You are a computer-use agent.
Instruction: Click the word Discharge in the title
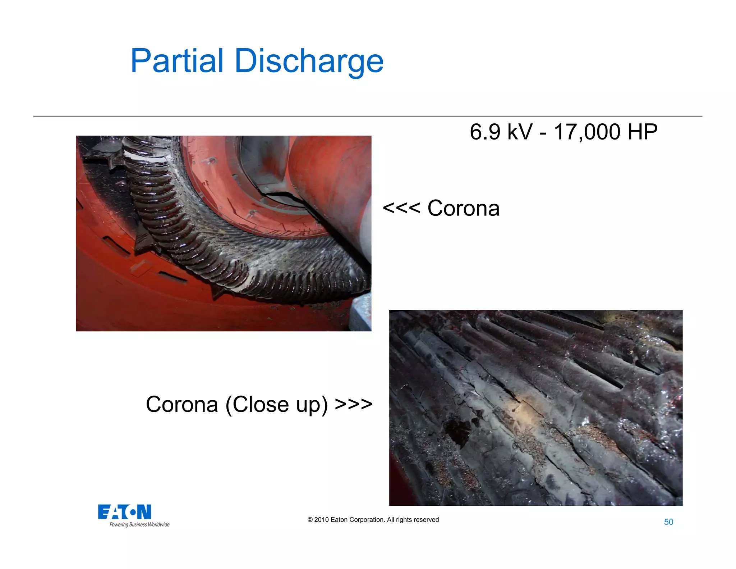click(x=309, y=61)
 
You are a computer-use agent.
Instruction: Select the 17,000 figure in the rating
click(x=587, y=132)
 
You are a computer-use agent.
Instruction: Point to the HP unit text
click(x=642, y=132)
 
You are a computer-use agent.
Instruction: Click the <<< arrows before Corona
click(x=401, y=208)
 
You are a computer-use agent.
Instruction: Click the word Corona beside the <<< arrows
click(x=463, y=208)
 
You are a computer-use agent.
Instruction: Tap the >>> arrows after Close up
click(x=354, y=404)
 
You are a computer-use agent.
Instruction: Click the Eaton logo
click(x=124, y=512)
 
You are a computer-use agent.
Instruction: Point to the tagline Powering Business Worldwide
click(x=139, y=525)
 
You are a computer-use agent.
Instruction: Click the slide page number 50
click(x=668, y=522)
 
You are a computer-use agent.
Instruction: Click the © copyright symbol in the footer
click(x=310, y=520)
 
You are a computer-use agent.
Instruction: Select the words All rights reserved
click(x=413, y=520)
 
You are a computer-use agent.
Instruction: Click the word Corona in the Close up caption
click(x=182, y=404)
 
